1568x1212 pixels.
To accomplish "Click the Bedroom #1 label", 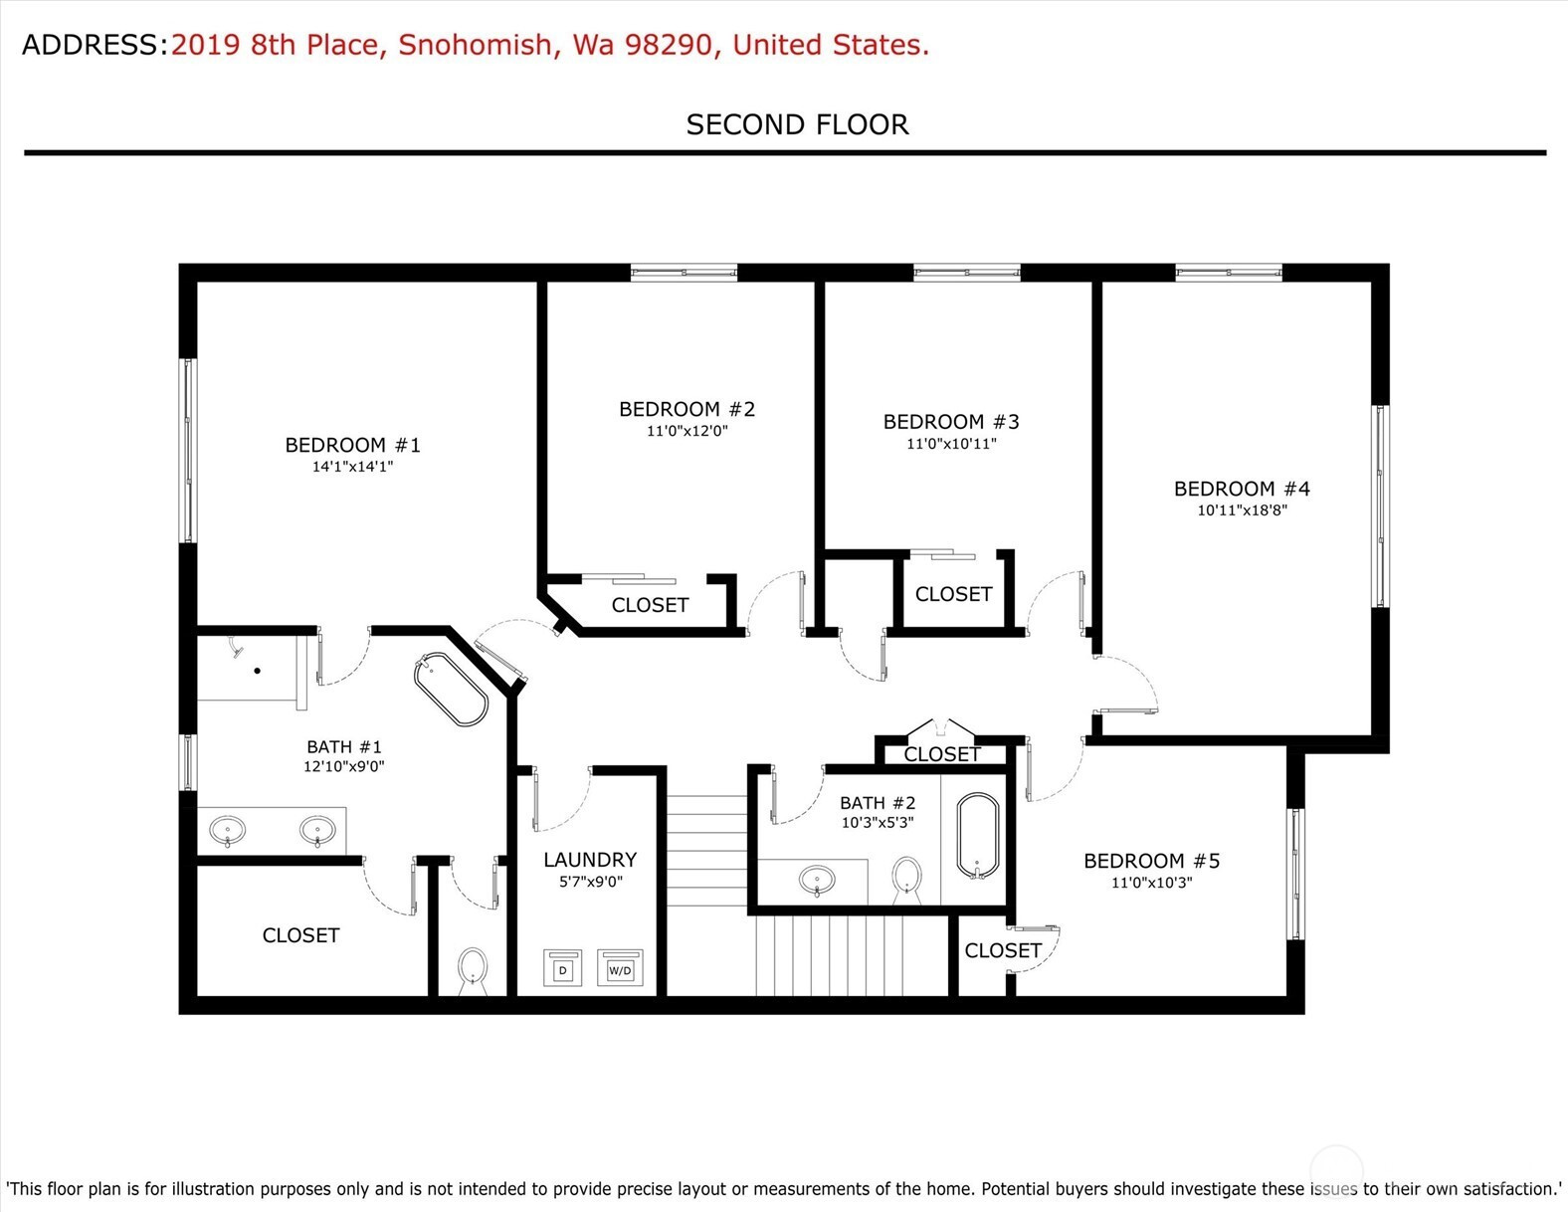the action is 352,445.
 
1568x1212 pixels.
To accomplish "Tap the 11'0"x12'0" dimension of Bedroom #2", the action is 686,432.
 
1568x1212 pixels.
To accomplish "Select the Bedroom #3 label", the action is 951,422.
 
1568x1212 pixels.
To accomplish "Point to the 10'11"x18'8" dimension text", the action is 1242,510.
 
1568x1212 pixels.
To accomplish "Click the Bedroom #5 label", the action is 1152,861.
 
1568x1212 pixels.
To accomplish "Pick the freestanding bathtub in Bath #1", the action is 451,689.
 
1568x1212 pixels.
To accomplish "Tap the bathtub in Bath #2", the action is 978,836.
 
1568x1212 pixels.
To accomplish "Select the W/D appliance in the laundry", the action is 620,968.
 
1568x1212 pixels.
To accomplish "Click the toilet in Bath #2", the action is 907,880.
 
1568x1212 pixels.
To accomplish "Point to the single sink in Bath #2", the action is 817,880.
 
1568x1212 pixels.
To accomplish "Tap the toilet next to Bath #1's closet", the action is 473,971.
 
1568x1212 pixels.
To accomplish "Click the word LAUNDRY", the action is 590,860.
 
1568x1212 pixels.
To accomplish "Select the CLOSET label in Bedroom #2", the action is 650,605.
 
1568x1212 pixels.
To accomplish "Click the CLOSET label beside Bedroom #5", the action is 1002,951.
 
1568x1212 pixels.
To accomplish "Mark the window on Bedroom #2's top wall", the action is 684,273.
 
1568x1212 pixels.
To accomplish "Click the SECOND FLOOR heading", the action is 797,124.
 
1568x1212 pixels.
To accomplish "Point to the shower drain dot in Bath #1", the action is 257,671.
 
